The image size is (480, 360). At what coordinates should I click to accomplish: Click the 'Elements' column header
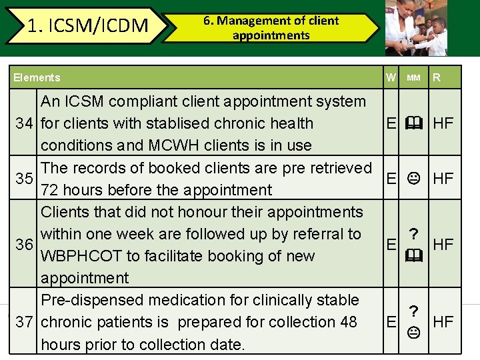tap(37, 77)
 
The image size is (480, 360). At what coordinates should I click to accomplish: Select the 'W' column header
tap(390, 77)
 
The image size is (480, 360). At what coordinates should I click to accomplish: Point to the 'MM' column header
tap(413, 77)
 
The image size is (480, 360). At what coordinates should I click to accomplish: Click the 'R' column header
tap(437, 77)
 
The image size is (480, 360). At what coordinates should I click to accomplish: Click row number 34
tap(25, 123)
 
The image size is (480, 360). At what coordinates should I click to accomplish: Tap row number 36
tap(25, 245)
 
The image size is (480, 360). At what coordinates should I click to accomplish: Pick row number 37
tap(25, 322)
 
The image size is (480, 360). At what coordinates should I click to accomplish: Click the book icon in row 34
tap(414, 123)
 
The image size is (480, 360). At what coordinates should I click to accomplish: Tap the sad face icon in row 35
tap(414, 179)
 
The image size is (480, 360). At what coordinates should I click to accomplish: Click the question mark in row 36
tap(414, 234)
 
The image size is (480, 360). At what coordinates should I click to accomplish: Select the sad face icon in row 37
tap(414, 332)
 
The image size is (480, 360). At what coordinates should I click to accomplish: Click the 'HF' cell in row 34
tap(443, 123)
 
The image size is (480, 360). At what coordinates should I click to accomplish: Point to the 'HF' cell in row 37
tap(443, 322)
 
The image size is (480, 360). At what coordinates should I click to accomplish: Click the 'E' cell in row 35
tap(392, 179)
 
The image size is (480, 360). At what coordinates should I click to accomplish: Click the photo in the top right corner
tap(417, 28)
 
